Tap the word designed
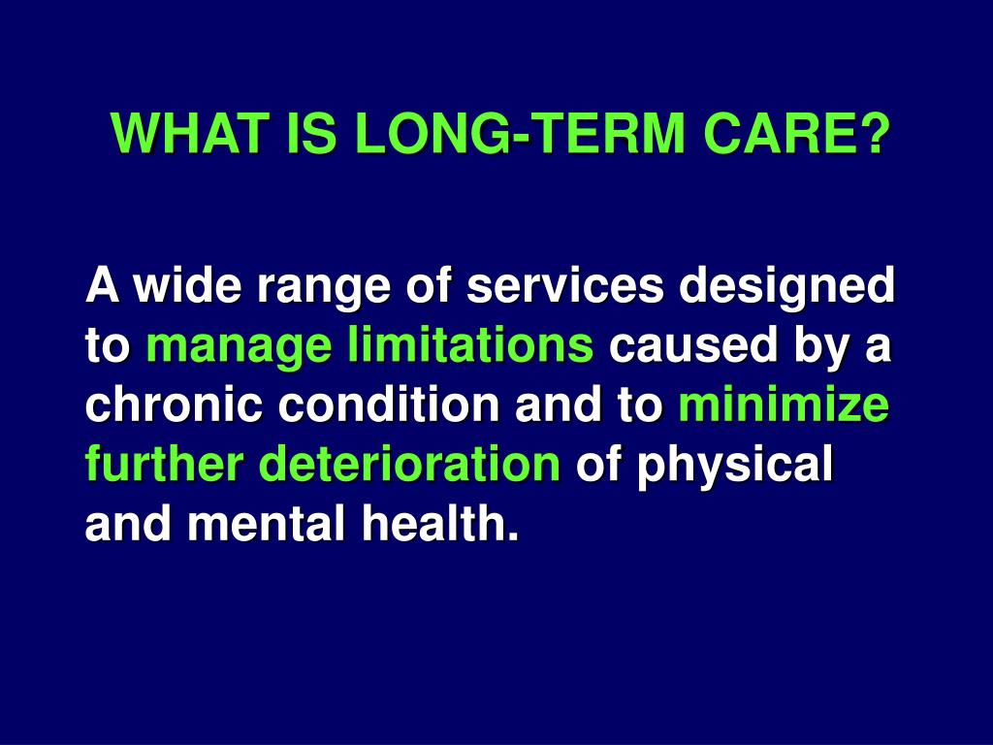(x=787, y=288)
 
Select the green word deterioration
(x=410, y=466)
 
